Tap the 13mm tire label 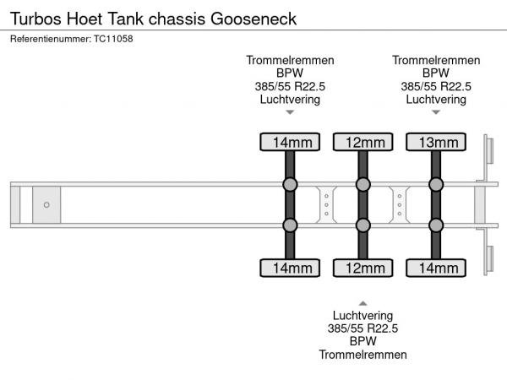coord(435,142)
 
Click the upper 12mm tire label coord(363,142)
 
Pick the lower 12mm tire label coord(363,269)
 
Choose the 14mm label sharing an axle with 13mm coord(435,269)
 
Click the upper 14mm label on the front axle coord(289,142)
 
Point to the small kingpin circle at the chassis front coord(46,204)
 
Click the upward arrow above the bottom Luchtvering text coord(363,301)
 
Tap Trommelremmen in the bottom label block coord(363,355)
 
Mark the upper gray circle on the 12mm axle coord(363,185)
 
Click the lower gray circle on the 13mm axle coord(436,225)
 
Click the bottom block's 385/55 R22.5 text coord(363,328)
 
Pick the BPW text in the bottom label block coord(363,341)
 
